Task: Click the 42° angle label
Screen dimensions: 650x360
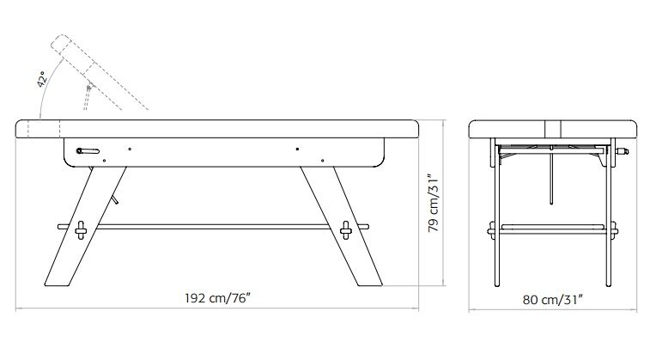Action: [41, 79]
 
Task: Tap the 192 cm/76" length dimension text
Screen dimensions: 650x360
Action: [217, 298]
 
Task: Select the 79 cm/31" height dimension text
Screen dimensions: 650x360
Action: [434, 203]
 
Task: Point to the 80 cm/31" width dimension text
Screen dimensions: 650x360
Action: [553, 300]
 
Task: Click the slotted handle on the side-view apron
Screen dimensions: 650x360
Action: [88, 151]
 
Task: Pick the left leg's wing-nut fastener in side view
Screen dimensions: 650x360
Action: [81, 230]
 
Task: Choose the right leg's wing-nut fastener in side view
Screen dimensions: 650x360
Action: [346, 230]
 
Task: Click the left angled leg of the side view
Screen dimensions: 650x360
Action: [85, 227]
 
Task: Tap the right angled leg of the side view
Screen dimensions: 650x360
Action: [341, 227]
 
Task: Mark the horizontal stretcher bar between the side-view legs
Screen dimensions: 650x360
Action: [213, 227]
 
